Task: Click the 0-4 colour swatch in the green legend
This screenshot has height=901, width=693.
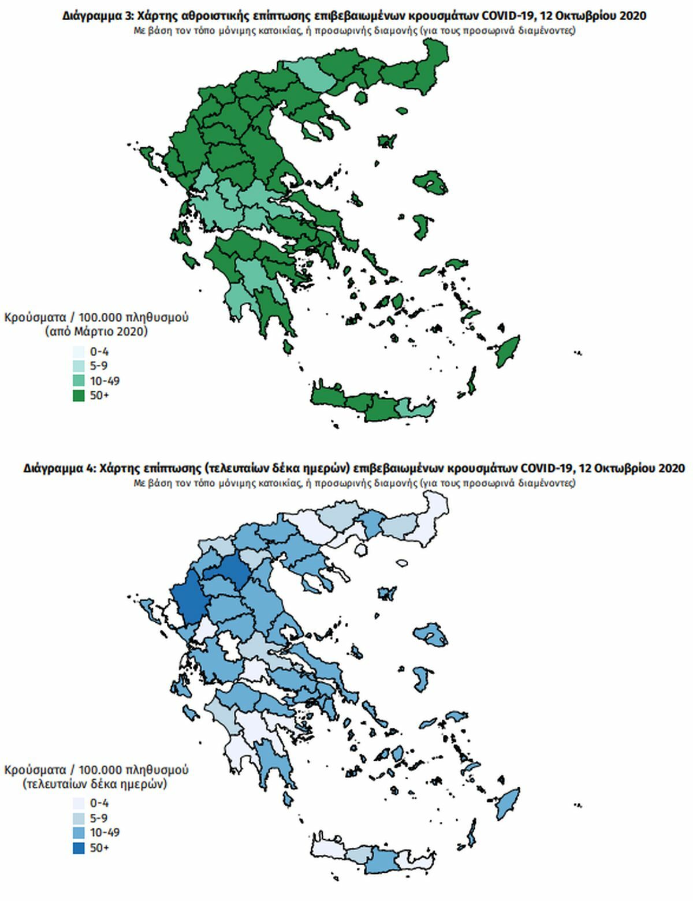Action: pyautogui.click(x=79, y=352)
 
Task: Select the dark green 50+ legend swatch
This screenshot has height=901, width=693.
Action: pyautogui.click(x=79, y=395)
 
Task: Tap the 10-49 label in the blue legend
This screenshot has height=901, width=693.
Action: pyautogui.click(x=105, y=832)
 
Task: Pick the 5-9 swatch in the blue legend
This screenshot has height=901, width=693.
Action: pyautogui.click(x=79, y=818)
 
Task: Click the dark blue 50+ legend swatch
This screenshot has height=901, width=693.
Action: pyautogui.click(x=79, y=847)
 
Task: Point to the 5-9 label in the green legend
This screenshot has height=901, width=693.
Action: pyautogui.click(x=99, y=366)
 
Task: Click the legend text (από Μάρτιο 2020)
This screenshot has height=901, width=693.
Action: pyautogui.click(x=96, y=332)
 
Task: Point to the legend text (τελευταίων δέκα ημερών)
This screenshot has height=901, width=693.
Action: pyautogui.click(x=96, y=784)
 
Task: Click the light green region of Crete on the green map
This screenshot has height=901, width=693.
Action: pyautogui.click(x=415, y=409)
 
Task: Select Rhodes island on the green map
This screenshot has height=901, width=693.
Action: pyautogui.click(x=506, y=351)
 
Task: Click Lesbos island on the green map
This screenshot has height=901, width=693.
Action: pyautogui.click(x=431, y=185)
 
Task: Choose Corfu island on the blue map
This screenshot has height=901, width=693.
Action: pyautogui.click(x=146, y=607)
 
